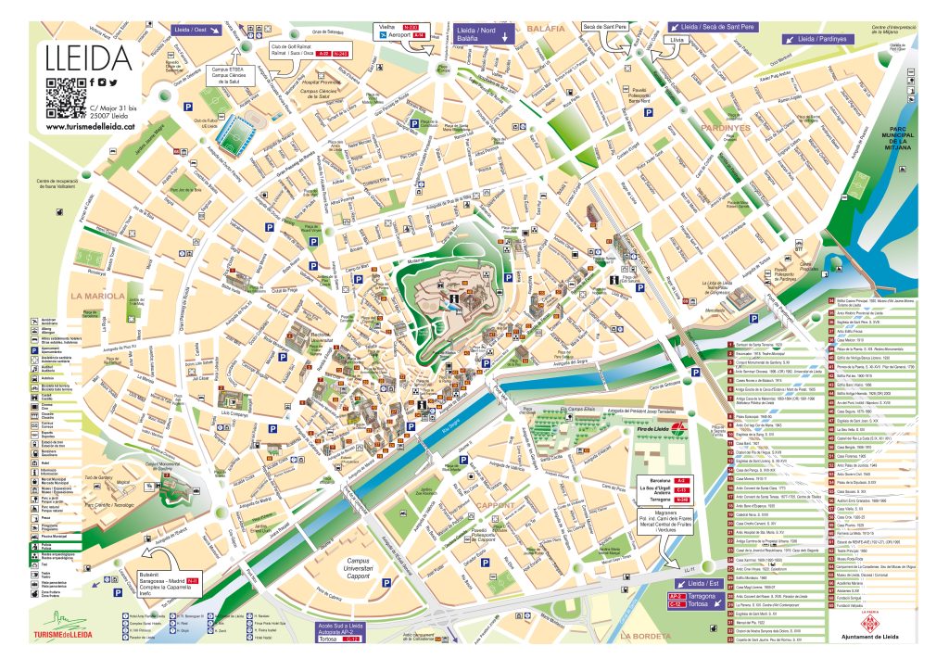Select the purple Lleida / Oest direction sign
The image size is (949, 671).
coord(196,31)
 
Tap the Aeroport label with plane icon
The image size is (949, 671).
coord(402,35)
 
